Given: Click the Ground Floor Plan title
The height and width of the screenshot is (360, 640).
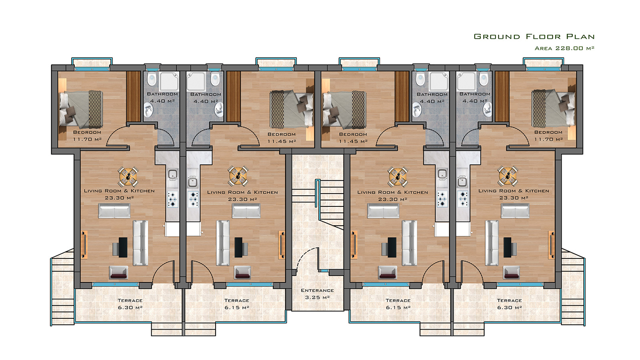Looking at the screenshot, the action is point(534,36).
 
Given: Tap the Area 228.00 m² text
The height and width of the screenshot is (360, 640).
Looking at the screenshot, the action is point(564,48).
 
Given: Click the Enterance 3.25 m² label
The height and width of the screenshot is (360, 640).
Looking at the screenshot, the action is point(318,294).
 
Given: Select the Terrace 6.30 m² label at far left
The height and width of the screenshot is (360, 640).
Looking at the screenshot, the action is point(130,304).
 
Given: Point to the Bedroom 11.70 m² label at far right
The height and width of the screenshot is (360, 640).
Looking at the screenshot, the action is point(548,136).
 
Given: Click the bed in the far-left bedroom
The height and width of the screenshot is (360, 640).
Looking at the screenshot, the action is point(81,109).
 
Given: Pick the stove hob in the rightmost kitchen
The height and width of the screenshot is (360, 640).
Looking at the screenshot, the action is point(463,199).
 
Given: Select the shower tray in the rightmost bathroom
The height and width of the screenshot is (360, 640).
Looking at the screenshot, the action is point(466,81).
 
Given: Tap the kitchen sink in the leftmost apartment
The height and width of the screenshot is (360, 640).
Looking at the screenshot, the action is point(172,175).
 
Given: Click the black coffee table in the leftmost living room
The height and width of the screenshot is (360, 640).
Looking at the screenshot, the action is point(123,248).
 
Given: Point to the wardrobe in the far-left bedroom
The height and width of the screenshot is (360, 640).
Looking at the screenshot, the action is point(134,96).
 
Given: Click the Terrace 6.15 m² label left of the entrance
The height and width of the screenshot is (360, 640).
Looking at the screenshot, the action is point(237,304).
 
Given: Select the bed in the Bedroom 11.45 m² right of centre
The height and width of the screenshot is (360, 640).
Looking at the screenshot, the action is point(344,109).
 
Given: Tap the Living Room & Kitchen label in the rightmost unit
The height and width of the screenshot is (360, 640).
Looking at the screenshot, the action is point(514,191).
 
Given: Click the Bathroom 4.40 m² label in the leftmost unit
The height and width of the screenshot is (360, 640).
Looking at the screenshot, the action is point(162,98).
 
